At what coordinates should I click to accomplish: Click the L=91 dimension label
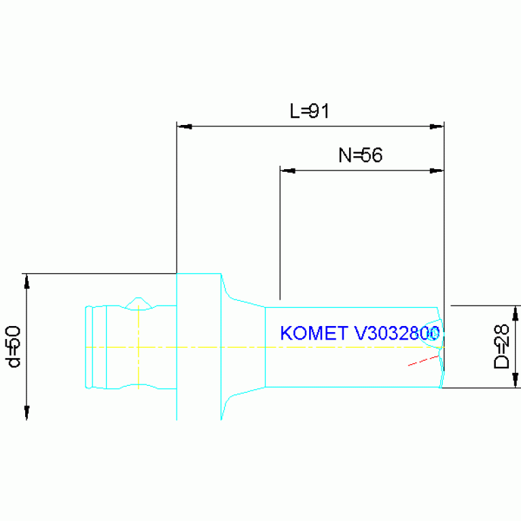(309, 111)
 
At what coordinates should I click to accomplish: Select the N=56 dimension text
(360, 155)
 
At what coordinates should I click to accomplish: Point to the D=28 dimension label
(501, 347)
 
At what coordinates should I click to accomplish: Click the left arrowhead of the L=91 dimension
(183, 126)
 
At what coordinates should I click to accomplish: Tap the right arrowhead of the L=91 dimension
(437, 126)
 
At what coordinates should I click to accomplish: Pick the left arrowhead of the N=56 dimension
(287, 170)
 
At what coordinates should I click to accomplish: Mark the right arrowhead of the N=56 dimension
(437, 170)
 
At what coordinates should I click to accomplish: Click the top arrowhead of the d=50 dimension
(26, 280)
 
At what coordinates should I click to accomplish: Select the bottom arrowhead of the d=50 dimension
(26, 412)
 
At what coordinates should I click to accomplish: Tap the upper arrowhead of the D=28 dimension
(516, 312)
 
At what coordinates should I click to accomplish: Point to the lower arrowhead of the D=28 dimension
(516, 381)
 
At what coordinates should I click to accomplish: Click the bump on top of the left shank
(139, 300)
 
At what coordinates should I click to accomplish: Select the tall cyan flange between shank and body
(199, 346)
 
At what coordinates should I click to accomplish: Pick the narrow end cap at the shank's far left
(88, 347)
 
